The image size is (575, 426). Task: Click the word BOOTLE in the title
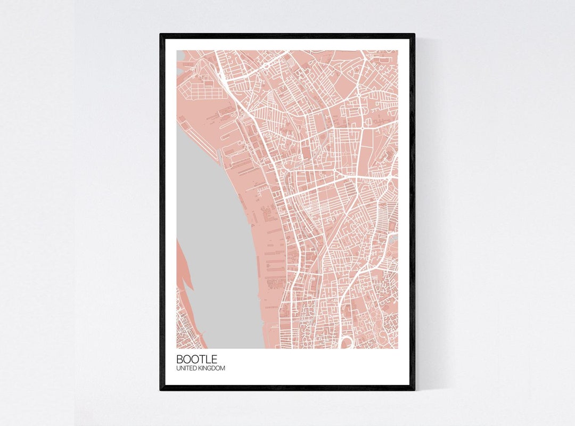(196, 359)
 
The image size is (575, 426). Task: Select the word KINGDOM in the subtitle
(212, 368)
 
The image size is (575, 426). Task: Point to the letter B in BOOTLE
(180, 359)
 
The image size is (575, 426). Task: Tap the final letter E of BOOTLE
(213, 359)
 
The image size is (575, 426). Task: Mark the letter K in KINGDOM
(201, 368)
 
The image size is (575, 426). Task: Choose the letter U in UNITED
(178, 368)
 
